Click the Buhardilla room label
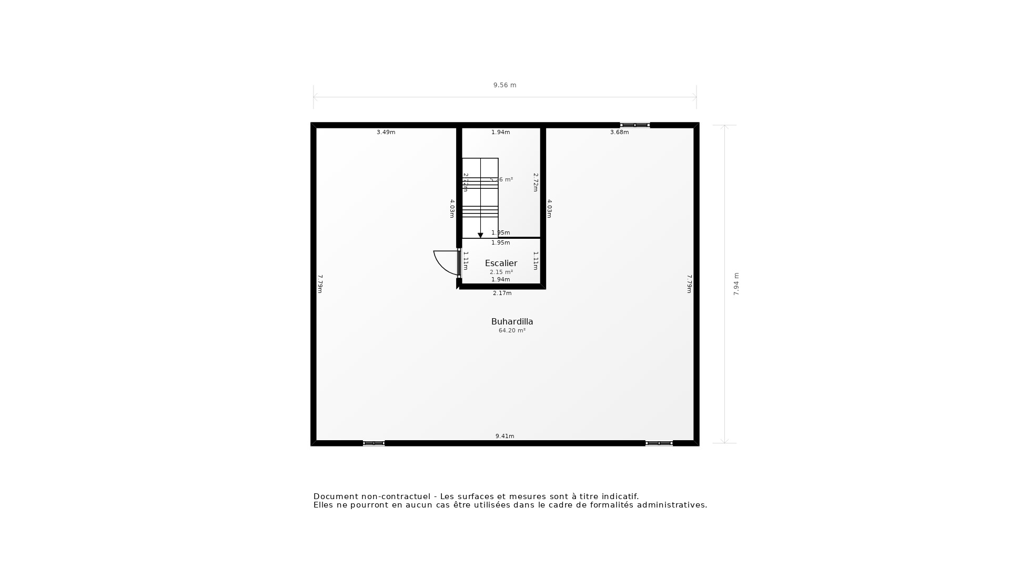[x=512, y=321]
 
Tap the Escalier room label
[x=501, y=263]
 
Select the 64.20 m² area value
[x=512, y=331]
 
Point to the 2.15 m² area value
[x=501, y=272]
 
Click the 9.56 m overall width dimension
[x=504, y=85]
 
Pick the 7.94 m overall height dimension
[x=736, y=284]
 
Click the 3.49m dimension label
[x=386, y=133]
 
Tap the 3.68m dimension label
[x=619, y=133]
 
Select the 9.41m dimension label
[x=504, y=436]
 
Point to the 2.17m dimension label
[x=502, y=293]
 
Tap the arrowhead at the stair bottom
[x=480, y=236]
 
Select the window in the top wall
[x=635, y=125]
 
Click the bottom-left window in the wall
[x=373, y=443]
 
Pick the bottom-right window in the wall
[x=659, y=443]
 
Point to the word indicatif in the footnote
[x=620, y=496]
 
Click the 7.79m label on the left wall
[x=320, y=284]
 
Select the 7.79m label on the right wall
[x=689, y=284]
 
